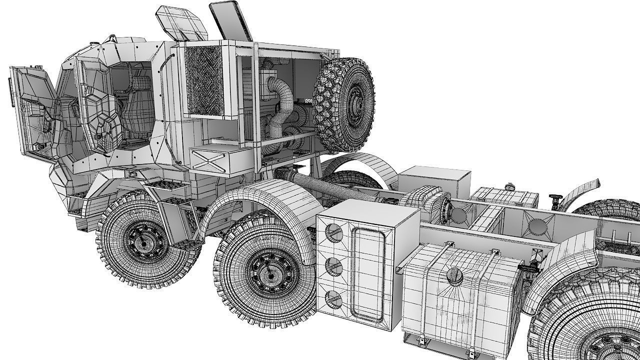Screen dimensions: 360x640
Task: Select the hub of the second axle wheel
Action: click(269, 274)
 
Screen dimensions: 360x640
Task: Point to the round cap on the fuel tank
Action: click(454, 274)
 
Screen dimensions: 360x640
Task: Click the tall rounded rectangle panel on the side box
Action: click(368, 273)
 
